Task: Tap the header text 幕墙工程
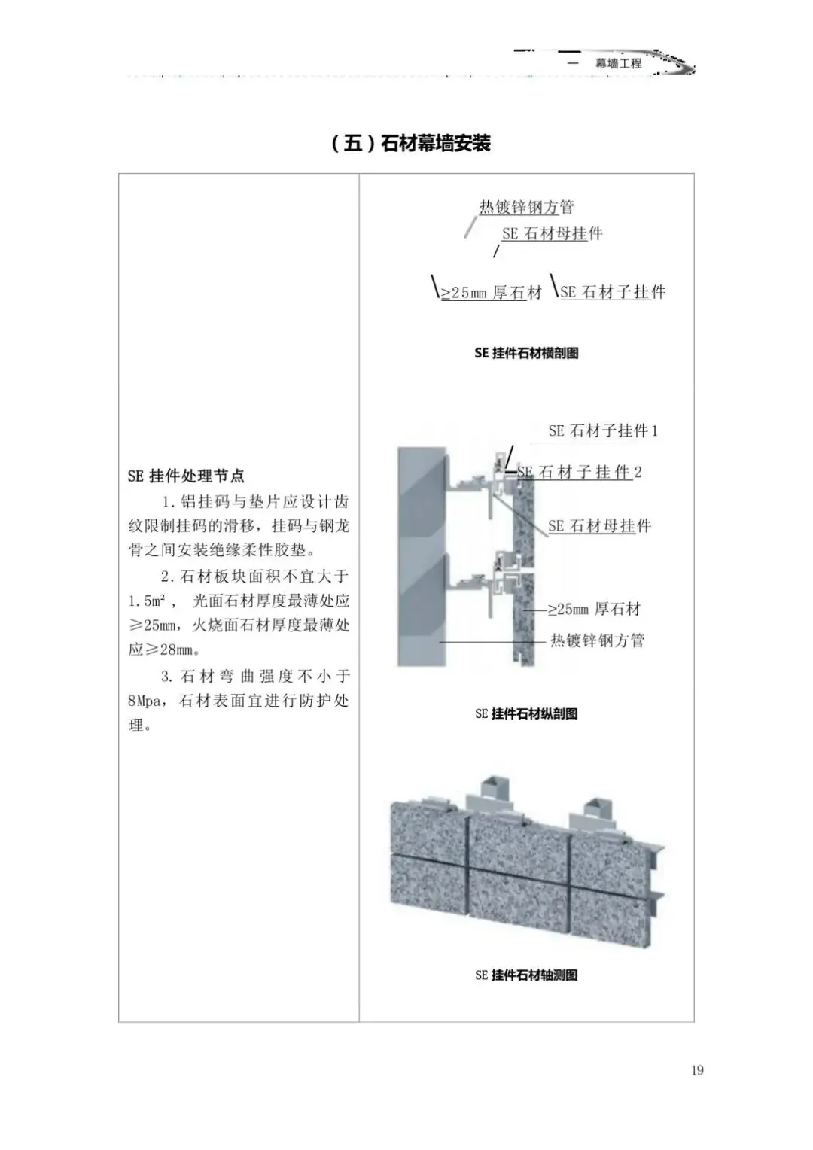tap(619, 63)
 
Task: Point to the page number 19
tap(697, 1069)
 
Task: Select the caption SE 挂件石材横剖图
tap(526, 353)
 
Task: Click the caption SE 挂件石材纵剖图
tap(526, 713)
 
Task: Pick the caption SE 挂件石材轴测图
tap(526, 975)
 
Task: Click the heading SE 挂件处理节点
tap(186, 476)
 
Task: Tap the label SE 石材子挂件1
tap(603, 430)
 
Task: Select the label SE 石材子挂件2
tap(580, 472)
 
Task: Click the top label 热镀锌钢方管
tap(527, 207)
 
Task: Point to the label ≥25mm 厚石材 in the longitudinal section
tap(594, 609)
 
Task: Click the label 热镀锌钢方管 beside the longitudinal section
tap(598, 640)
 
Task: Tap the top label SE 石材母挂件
tap(553, 233)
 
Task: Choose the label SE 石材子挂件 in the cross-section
tap(613, 292)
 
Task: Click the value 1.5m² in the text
tap(147, 601)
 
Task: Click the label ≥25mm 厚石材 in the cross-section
tap(491, 293)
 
